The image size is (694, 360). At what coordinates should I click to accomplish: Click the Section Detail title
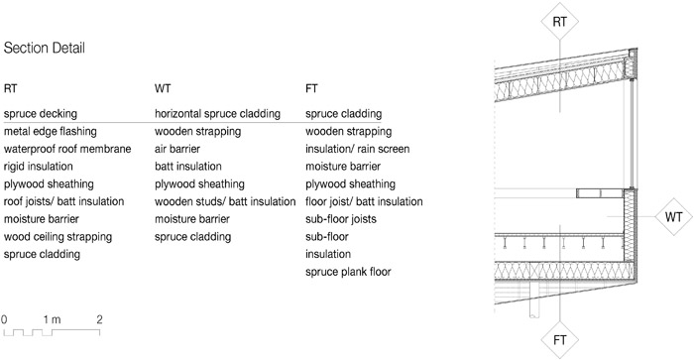pos(45,48)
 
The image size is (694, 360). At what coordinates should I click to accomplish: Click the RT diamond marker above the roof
pos(560,22)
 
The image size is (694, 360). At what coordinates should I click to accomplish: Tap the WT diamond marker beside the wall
pos(673,217)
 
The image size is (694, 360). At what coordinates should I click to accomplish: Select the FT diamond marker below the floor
pos(560,340)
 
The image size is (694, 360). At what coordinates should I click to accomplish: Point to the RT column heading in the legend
pos(10,88)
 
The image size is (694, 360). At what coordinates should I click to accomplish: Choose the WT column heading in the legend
pos(163,88)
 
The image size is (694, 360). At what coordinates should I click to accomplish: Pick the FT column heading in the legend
pos(311,88)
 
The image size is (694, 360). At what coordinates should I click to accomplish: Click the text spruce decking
pos(41,114)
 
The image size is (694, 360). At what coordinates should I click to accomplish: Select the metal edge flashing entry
pos(50,132)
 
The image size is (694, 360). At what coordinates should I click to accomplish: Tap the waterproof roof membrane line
pos(67,149)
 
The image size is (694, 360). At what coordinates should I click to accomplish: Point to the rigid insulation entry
pos(38,167)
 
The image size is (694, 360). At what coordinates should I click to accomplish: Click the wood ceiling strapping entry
pos(58,237)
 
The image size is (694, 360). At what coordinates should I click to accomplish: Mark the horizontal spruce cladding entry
pos(217,114)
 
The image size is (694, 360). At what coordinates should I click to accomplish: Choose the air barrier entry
pos(177,149)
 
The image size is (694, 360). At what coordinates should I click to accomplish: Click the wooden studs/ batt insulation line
pos(225,202)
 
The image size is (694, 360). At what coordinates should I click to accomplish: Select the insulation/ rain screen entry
pos(357,149)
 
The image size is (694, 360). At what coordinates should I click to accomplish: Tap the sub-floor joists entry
pos(341,219)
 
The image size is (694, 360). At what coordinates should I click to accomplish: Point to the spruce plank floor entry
pos(348,272)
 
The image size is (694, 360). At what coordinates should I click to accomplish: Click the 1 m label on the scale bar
pos(52,319)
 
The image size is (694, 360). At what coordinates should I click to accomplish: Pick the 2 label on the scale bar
pos(99,319)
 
